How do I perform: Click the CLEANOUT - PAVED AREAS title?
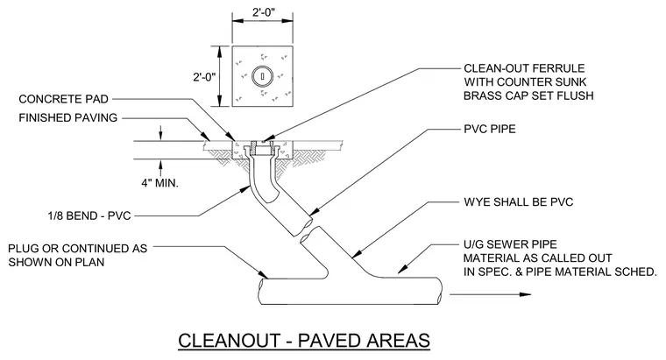pyautogui.click(x=304, y=341)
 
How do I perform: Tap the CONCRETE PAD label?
pyautogui.click(x=64, y=99)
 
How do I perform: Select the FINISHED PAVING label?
pyautogui.click(x=68, y=117)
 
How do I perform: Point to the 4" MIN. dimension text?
pyautogui.click(x=159, y=183)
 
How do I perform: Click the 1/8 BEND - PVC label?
pyautogui.click(x=89, y=215)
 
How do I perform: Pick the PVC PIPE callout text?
pyautogui.click(x=490, y=129)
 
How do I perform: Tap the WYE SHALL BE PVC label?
pyautogui.click(x=519, y=201)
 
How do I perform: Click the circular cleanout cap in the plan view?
pyautogui.click(x=263, y=77)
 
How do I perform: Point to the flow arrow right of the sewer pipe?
pyautogui.click(x=490, y=294)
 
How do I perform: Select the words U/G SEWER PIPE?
pyautogui.click(x=510, y=244)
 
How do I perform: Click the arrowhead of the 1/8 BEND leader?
pyautogui.click(x=245, y=189)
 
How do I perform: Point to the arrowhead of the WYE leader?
pyautogui.click(x=357, y=254)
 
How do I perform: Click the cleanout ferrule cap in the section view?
pyautogui.click(x=263, y=143)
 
